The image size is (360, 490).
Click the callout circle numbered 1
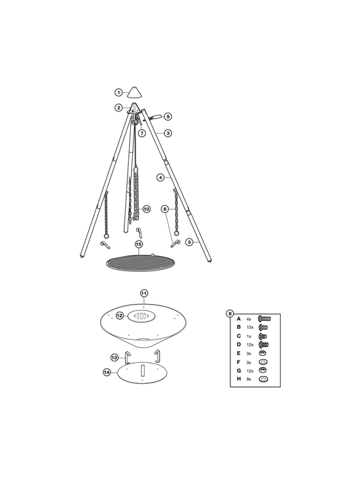(118, 92)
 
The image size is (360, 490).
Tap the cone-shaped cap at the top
(134, 92)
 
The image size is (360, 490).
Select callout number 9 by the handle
(168, 117)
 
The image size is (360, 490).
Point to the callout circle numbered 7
(142, 133)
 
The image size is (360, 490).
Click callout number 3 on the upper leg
(168, 133)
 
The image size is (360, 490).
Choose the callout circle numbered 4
(160, 178)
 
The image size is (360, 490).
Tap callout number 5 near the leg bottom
(189, 242)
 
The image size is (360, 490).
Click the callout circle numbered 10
(147, 209)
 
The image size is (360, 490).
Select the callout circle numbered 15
(139, 244)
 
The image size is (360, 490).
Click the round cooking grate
(139, 263)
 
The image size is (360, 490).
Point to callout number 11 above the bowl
(143, 293)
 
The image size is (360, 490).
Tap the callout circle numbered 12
(120, 316)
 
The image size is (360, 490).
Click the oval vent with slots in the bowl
(141, 316)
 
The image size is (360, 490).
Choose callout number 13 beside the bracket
(115, 357)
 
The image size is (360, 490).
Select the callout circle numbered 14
(107, 372)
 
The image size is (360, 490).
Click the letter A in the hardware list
(239, 319)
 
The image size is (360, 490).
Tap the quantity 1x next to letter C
(249, 336)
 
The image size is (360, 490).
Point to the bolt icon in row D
(264, 345)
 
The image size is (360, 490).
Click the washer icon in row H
(263, 379)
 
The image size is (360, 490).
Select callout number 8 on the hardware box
(230, 313)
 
